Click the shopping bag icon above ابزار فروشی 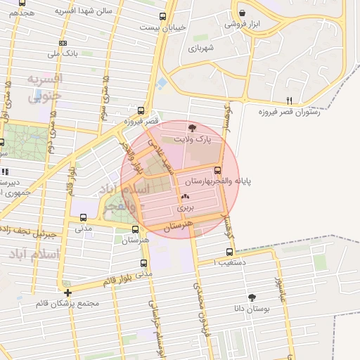pyautogui.click(x=243, y=13)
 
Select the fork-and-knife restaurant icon pyautogui.click(x=289, y=101)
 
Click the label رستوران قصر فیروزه pyautogui.click(x=289, y=112)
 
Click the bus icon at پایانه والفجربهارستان pyautogui.click(x=217, y=169)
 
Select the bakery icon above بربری pyautogui.click(x=185, y=198)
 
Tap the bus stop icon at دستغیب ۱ pyautogui.click(x=229, y=251)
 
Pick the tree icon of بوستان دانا pyautogui.click(x=252, y=297)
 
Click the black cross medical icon pyautogui.click(x=67, y=292)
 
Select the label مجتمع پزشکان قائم pyautogui.click(x=71, y=304)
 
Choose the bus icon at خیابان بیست pyautogui.click(x=163, y=16)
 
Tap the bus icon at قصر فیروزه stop pyautogui.click(x=141, y=110)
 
